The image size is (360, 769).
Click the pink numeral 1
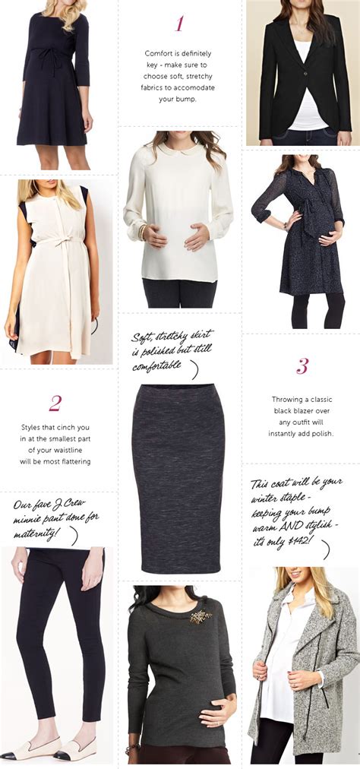pos(179,24)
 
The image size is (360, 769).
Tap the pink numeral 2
pos(55,403)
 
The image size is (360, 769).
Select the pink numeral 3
pos(302,367)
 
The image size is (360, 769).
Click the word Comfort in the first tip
pos(160,53)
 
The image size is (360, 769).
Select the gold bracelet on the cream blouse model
pos(141,230)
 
